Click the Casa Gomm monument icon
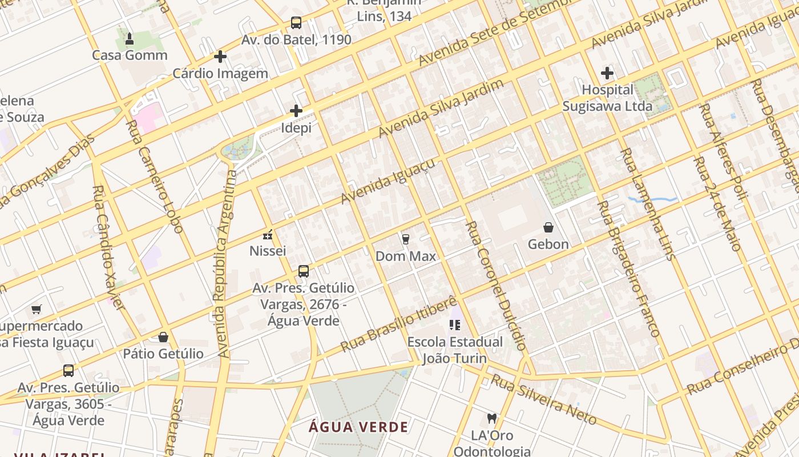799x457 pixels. point(130,39)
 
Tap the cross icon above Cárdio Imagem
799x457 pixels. point(220,57)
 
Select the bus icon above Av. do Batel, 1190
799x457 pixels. point(296,23)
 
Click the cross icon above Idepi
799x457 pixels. point(296,110)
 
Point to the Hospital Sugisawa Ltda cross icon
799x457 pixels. point(607,73)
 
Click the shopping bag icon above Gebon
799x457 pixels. point(548,227)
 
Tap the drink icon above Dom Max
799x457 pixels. point(406,239)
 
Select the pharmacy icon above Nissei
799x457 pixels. point(268,234)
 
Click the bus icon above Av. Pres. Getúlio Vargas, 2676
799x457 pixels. point(304,271)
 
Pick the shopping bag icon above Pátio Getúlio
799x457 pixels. point(163,337)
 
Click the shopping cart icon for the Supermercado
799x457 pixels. point(37,309)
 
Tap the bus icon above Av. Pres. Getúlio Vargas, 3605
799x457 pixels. point(68,371)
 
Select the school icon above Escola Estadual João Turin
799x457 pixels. point(455,325)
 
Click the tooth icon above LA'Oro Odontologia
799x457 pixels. point(491,419)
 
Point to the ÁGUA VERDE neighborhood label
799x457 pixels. point(358,427)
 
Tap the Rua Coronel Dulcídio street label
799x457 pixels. point(495,286)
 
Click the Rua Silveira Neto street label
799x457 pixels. point(543,400)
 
